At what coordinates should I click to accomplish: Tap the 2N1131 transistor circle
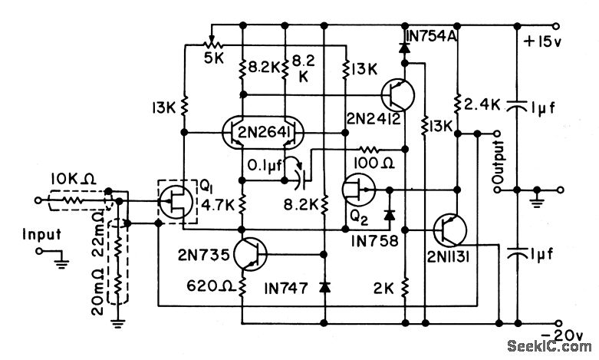tap(449, 230)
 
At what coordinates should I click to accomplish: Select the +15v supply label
tap(543, 41)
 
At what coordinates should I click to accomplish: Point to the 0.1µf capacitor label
tap(266, 163)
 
